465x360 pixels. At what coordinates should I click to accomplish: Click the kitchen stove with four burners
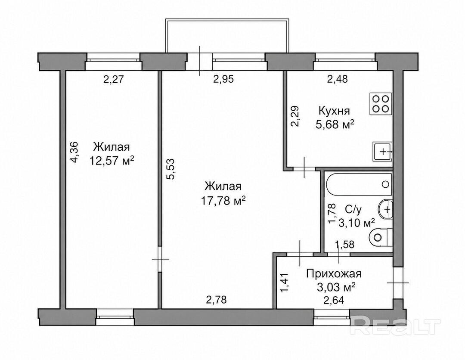381,104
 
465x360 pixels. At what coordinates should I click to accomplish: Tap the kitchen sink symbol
383,152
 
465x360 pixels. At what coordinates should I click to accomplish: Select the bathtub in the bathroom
359,184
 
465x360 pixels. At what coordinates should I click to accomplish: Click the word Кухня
334,111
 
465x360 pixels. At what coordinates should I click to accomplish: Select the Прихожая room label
334,273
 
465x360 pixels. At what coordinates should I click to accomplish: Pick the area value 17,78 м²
223,201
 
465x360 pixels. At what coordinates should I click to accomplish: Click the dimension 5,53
172,169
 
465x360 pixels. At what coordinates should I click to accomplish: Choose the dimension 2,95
223,79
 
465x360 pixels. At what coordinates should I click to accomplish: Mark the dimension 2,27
113,80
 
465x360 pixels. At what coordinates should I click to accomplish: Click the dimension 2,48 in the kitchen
337,79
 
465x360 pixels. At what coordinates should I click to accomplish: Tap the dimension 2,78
216,300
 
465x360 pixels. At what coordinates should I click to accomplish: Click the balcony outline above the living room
227,20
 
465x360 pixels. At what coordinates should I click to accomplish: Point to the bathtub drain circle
385,184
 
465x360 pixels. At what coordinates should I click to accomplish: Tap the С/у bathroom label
353,210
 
